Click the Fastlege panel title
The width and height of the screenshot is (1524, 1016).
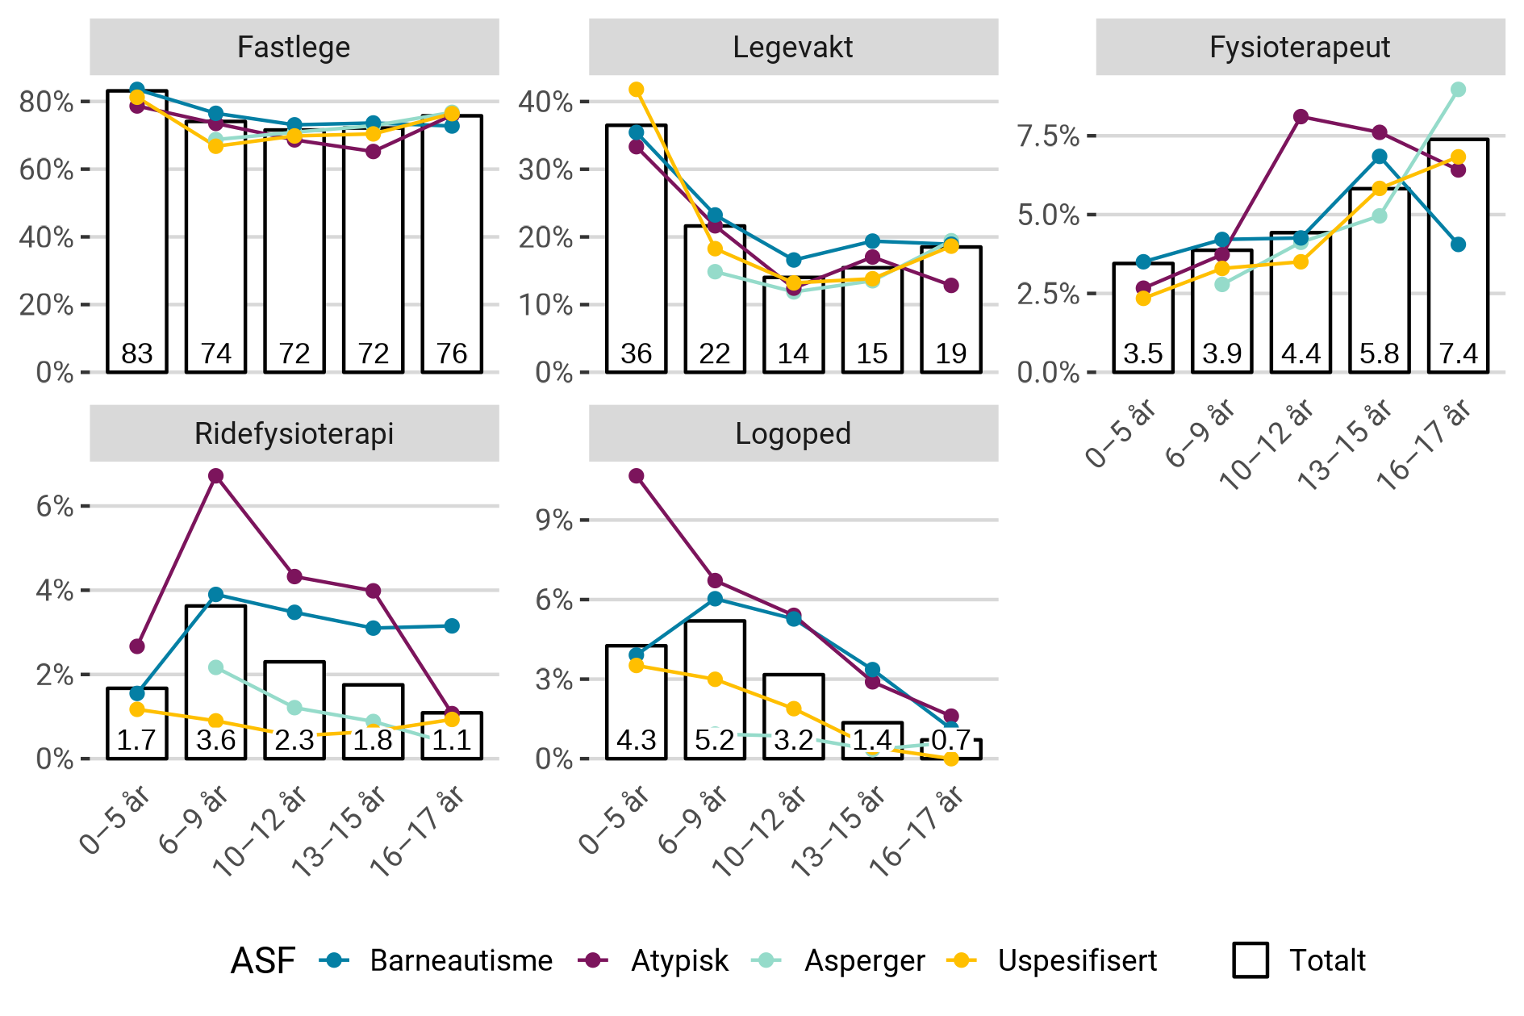coord(294,47)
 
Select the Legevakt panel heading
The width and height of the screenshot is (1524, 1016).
coord(792,47)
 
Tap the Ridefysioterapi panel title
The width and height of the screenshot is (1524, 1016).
coord(294,433)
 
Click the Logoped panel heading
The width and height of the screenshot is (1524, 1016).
coord(792,433)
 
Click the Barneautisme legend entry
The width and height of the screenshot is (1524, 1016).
coord(461,960)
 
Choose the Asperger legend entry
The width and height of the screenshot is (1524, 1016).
coord(864,960)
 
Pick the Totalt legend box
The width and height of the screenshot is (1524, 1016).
coord(1251,960)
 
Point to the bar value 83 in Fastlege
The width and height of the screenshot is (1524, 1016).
coord(137,353)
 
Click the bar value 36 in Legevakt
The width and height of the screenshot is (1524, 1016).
coord(636,353)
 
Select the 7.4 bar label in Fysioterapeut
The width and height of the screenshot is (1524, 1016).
coord(1458,353)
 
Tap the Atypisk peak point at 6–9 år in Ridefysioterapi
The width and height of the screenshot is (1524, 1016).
coord(215,476)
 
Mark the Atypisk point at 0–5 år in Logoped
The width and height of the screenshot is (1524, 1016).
coord(637,476)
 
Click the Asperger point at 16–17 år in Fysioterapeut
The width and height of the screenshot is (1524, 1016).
coord(1458,90)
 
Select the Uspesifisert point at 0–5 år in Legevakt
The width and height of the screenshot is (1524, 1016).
coord(637,90)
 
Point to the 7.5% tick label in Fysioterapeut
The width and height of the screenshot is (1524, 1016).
coord(1048,136)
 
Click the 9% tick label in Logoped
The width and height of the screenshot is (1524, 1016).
coord(554,521)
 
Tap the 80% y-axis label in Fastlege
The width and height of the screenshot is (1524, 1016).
coord(47,102)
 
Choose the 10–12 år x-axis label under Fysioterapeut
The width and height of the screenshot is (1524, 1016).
coord(1268,446)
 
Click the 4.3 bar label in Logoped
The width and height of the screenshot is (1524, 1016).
coord(636,740)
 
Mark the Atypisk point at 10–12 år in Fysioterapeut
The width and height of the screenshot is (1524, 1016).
coord(1301,117)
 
